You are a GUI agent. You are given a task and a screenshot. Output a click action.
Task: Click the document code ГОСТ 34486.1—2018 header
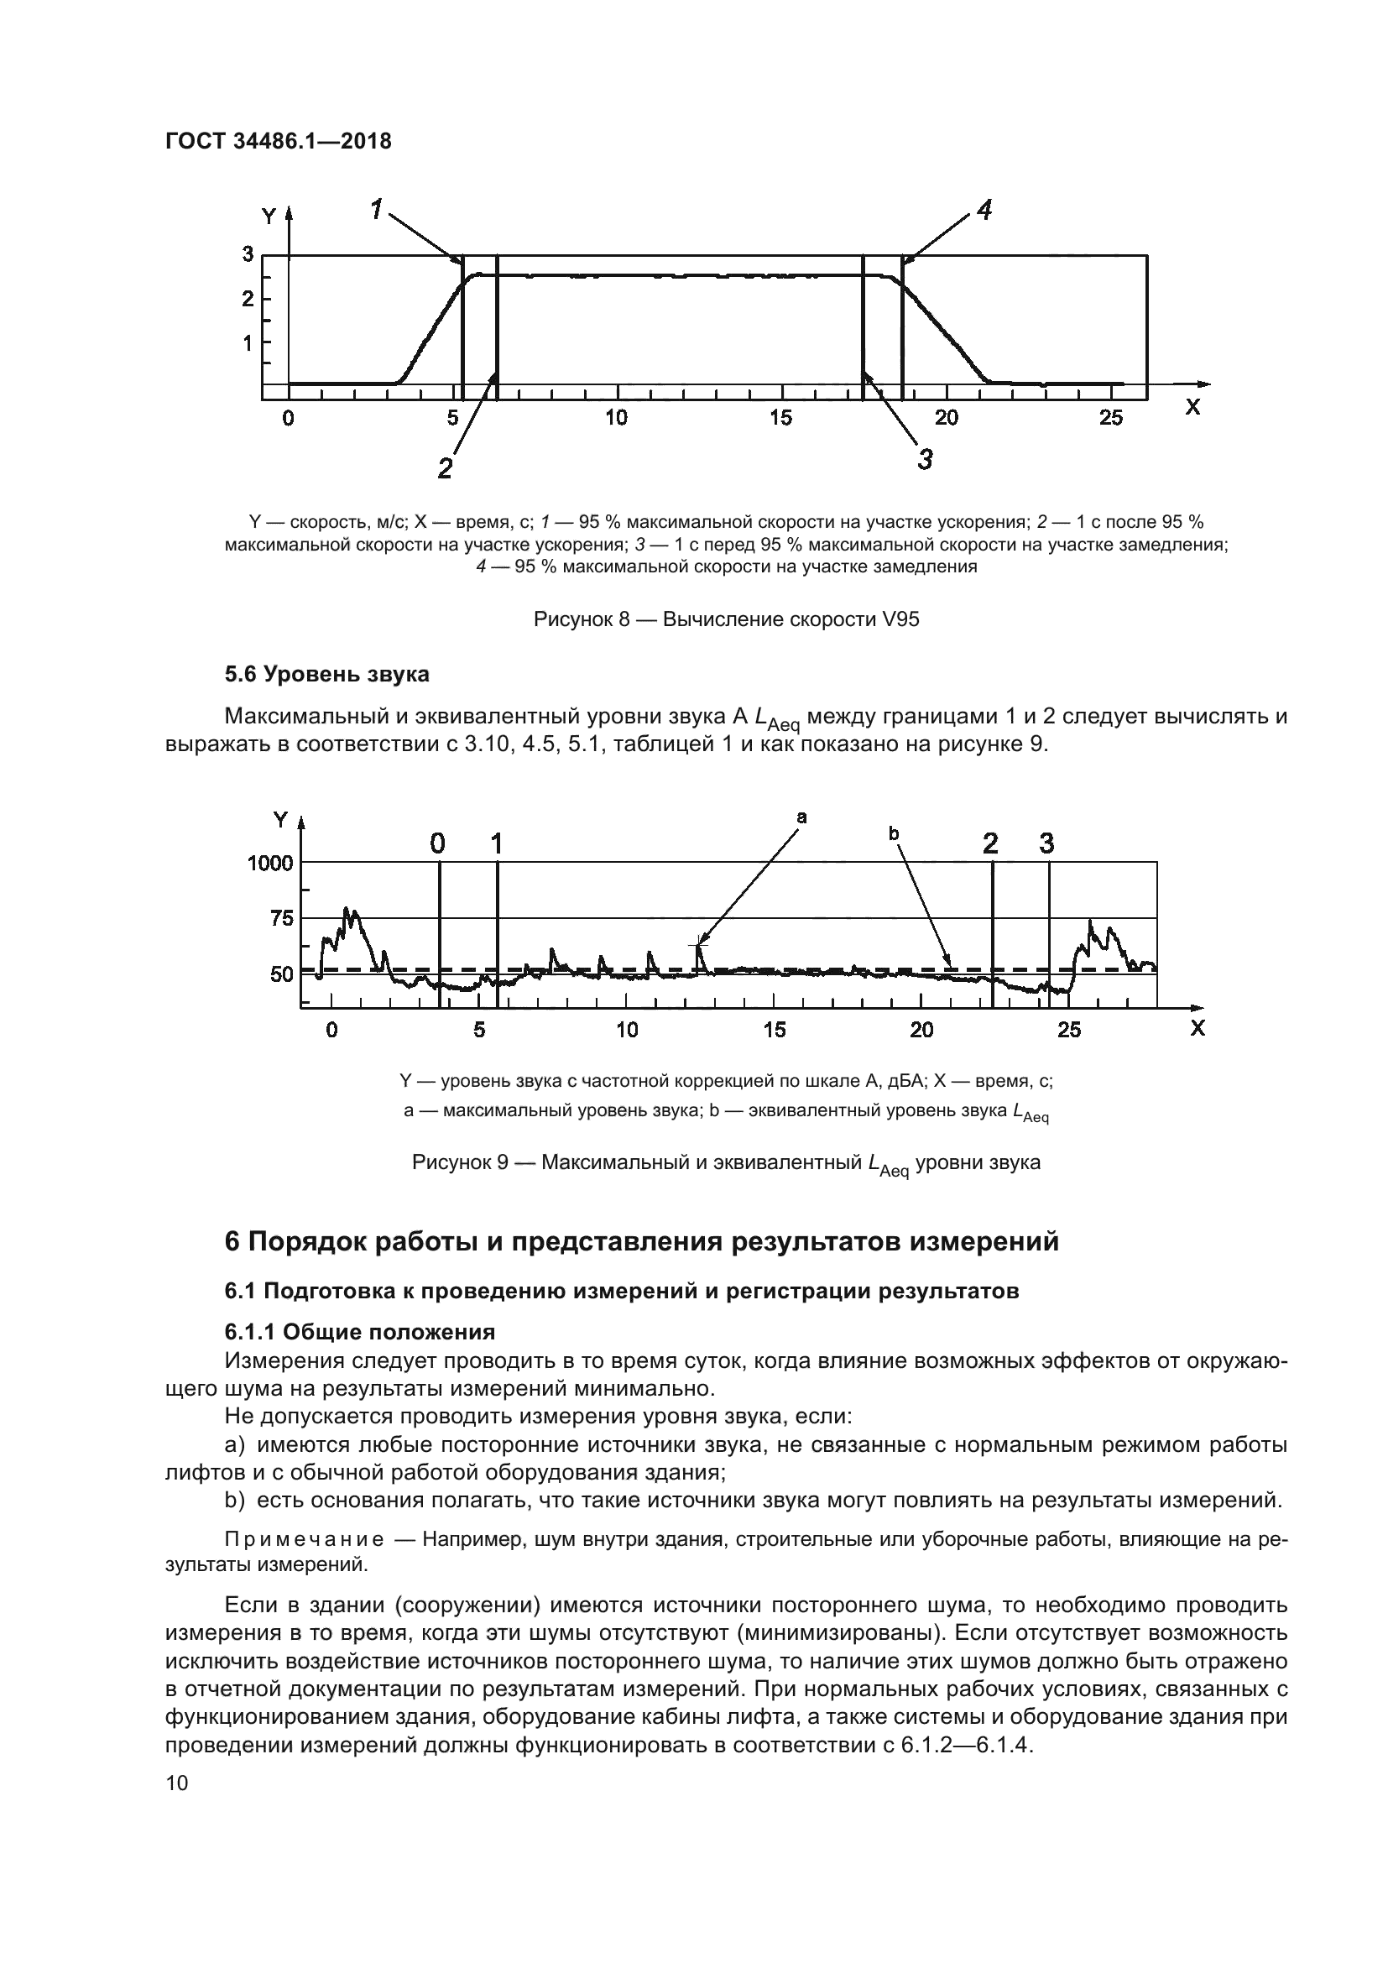(x=278, y=141)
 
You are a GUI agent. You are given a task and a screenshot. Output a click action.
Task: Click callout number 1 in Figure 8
(x=377, y=208)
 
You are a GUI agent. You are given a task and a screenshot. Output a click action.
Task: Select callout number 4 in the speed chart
(x=984, y=210)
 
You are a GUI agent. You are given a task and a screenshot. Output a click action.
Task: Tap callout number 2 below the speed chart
(x=445, y=468)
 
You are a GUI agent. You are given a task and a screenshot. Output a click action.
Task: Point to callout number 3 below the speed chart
(x=925, y=460)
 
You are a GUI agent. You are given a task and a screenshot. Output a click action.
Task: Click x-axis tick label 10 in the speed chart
(x=615, y=418)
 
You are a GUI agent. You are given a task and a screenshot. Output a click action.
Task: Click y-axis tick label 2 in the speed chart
(x=248, y=300)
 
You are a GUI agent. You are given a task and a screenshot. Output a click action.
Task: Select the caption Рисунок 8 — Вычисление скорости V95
(x=726, y=619)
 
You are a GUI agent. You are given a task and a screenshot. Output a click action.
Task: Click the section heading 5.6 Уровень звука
(x=326, y=675)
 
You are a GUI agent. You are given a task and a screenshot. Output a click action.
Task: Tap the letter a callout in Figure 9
(x=801, y=817)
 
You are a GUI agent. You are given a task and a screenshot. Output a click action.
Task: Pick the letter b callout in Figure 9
(x=894, y=832)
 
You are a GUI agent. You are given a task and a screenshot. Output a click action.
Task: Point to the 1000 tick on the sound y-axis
(x=270, y=863)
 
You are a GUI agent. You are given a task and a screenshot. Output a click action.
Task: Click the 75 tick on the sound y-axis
(x=281, y=919)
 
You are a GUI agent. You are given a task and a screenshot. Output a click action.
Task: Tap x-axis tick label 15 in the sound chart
(x=774, y=1031)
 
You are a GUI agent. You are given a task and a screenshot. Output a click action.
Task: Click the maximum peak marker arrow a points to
(x=698, y=946)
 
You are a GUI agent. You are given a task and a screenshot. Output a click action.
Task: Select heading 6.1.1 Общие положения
(x=360, y=1332)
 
